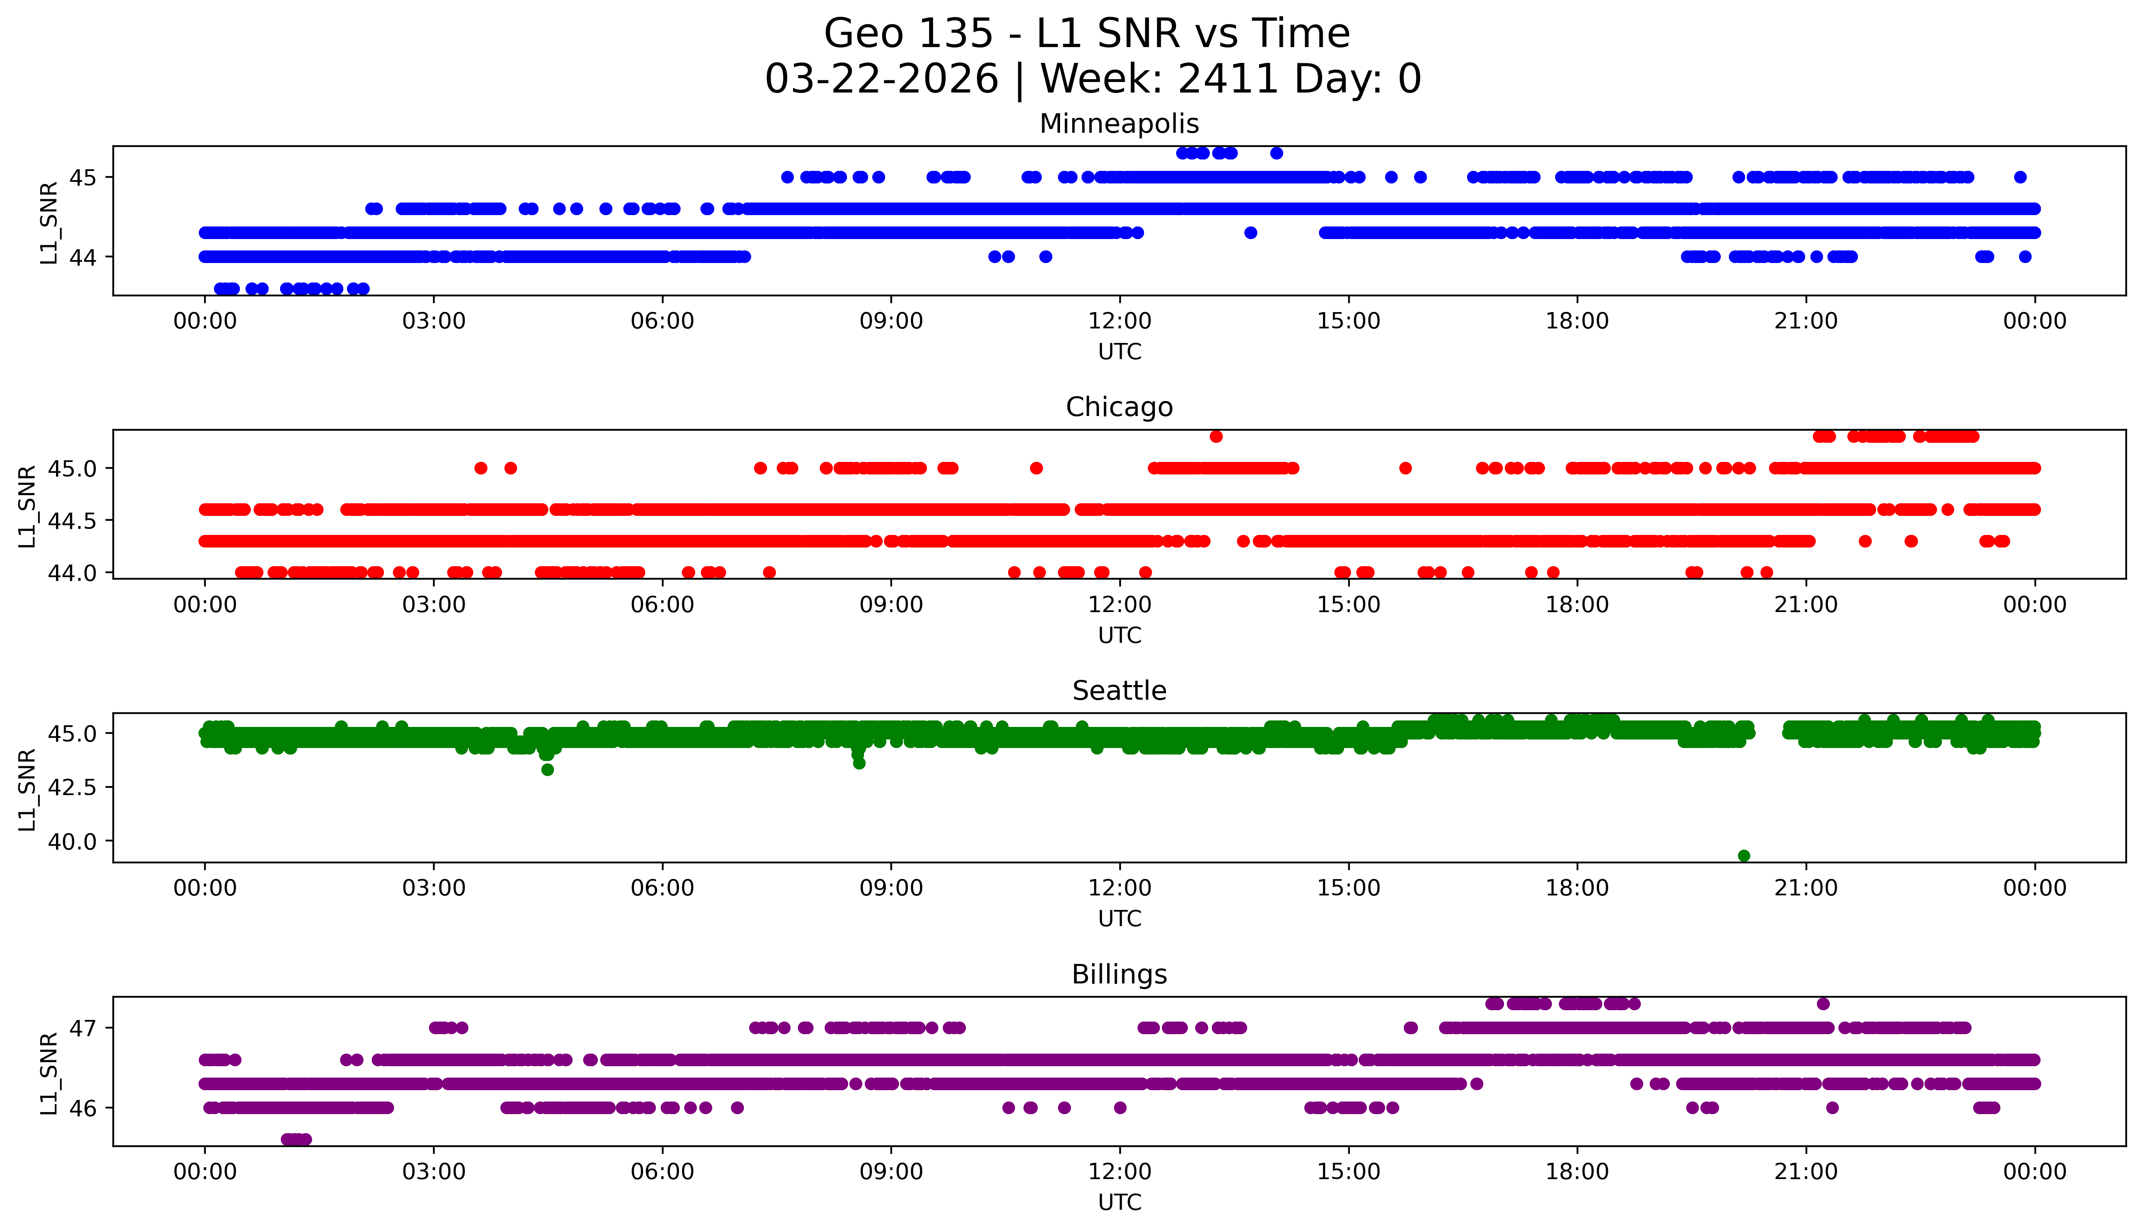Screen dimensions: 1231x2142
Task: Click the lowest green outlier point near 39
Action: (1743, 856)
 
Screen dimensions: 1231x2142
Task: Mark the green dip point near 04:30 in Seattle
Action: (548, 770)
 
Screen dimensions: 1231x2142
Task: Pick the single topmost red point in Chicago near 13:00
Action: (1215, 436)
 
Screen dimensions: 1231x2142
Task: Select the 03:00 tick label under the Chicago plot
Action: (434, 604)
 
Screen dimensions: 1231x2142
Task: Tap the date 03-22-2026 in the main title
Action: (881, 80)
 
